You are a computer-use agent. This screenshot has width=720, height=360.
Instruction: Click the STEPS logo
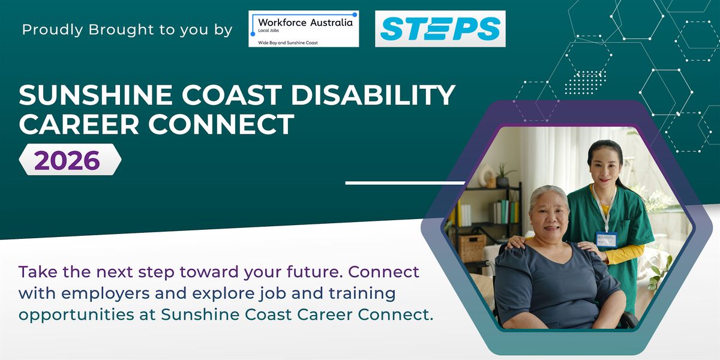click(x=440, y=29)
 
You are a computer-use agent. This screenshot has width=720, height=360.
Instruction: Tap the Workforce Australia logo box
click(x=304, y=29)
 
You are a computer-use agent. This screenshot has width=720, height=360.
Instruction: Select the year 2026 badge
click(x=70, y=160)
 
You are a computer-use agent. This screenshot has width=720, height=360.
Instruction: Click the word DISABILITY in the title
click(x=373, y=95)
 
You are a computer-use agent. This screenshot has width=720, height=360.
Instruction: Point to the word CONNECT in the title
click(x=221, y=124)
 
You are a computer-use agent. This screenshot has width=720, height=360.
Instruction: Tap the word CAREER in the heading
click(x=79, y=124)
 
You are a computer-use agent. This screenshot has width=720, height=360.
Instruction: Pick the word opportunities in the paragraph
click(x=76, y=315)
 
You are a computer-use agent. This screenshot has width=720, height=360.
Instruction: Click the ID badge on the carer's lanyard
click(x=607, y=239)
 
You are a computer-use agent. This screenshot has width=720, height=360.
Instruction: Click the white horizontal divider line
click(x=406, y=183)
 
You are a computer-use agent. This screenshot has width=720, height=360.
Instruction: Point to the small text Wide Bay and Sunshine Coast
click(x=287, y=43)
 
